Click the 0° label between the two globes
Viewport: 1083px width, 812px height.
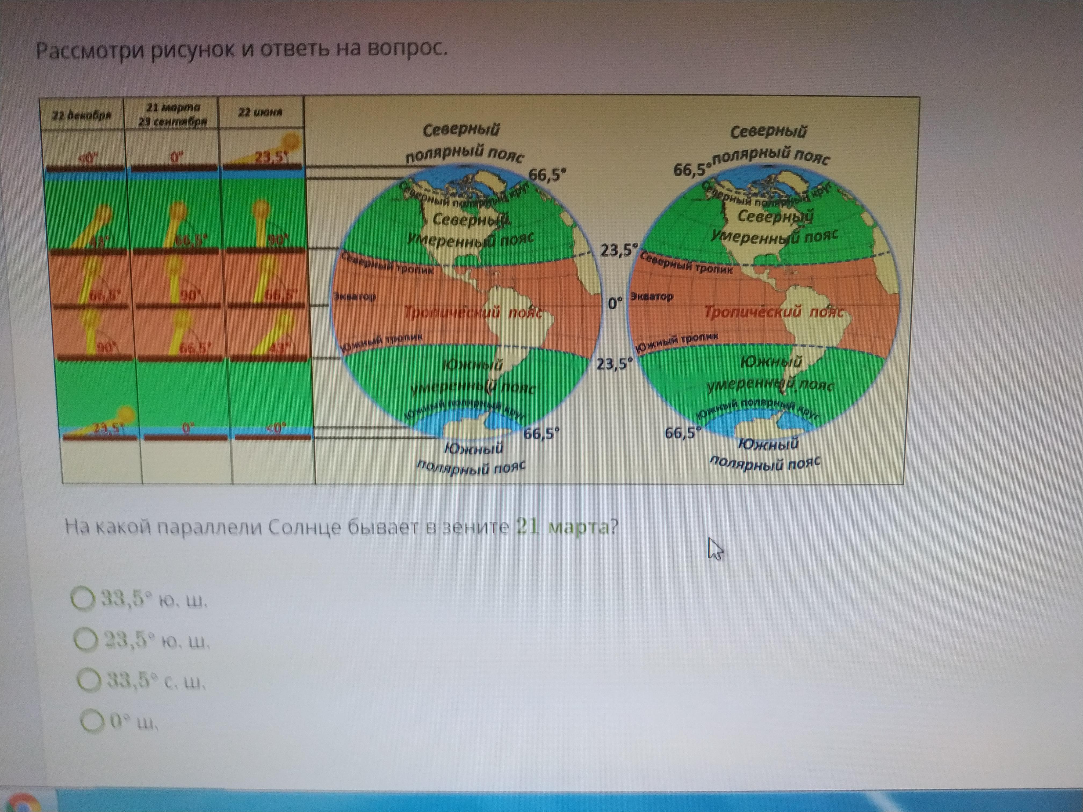tap(615, 303)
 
